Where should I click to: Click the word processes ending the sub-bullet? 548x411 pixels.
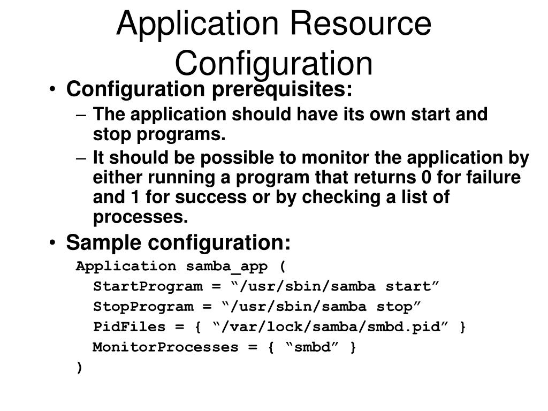coord(141,217)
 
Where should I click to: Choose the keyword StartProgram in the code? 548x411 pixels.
coord(148,286)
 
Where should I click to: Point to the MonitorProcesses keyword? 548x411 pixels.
coord(166,347)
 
